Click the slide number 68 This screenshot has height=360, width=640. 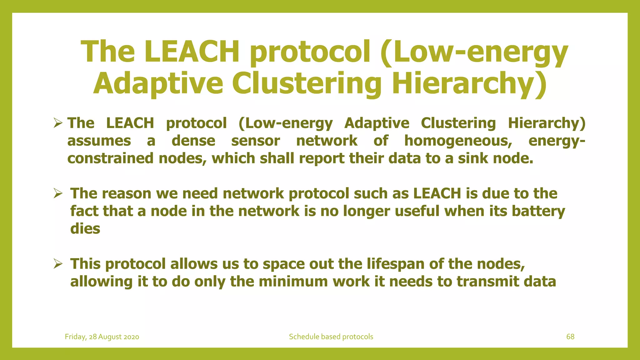coord(570,337)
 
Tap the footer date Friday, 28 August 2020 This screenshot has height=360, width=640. coord(102,337)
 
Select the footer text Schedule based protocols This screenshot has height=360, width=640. coord(331,337)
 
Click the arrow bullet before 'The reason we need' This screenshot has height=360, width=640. coord(58,193)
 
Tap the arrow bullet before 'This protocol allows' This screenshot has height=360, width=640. coord(58,264)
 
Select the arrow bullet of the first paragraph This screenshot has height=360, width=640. coord(58,123)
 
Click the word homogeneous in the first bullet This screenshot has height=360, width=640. coord(458,141)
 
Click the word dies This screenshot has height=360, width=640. coord(85,228)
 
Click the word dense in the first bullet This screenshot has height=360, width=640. coord(193,141)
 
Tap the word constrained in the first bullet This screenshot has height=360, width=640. coord(110,158)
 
